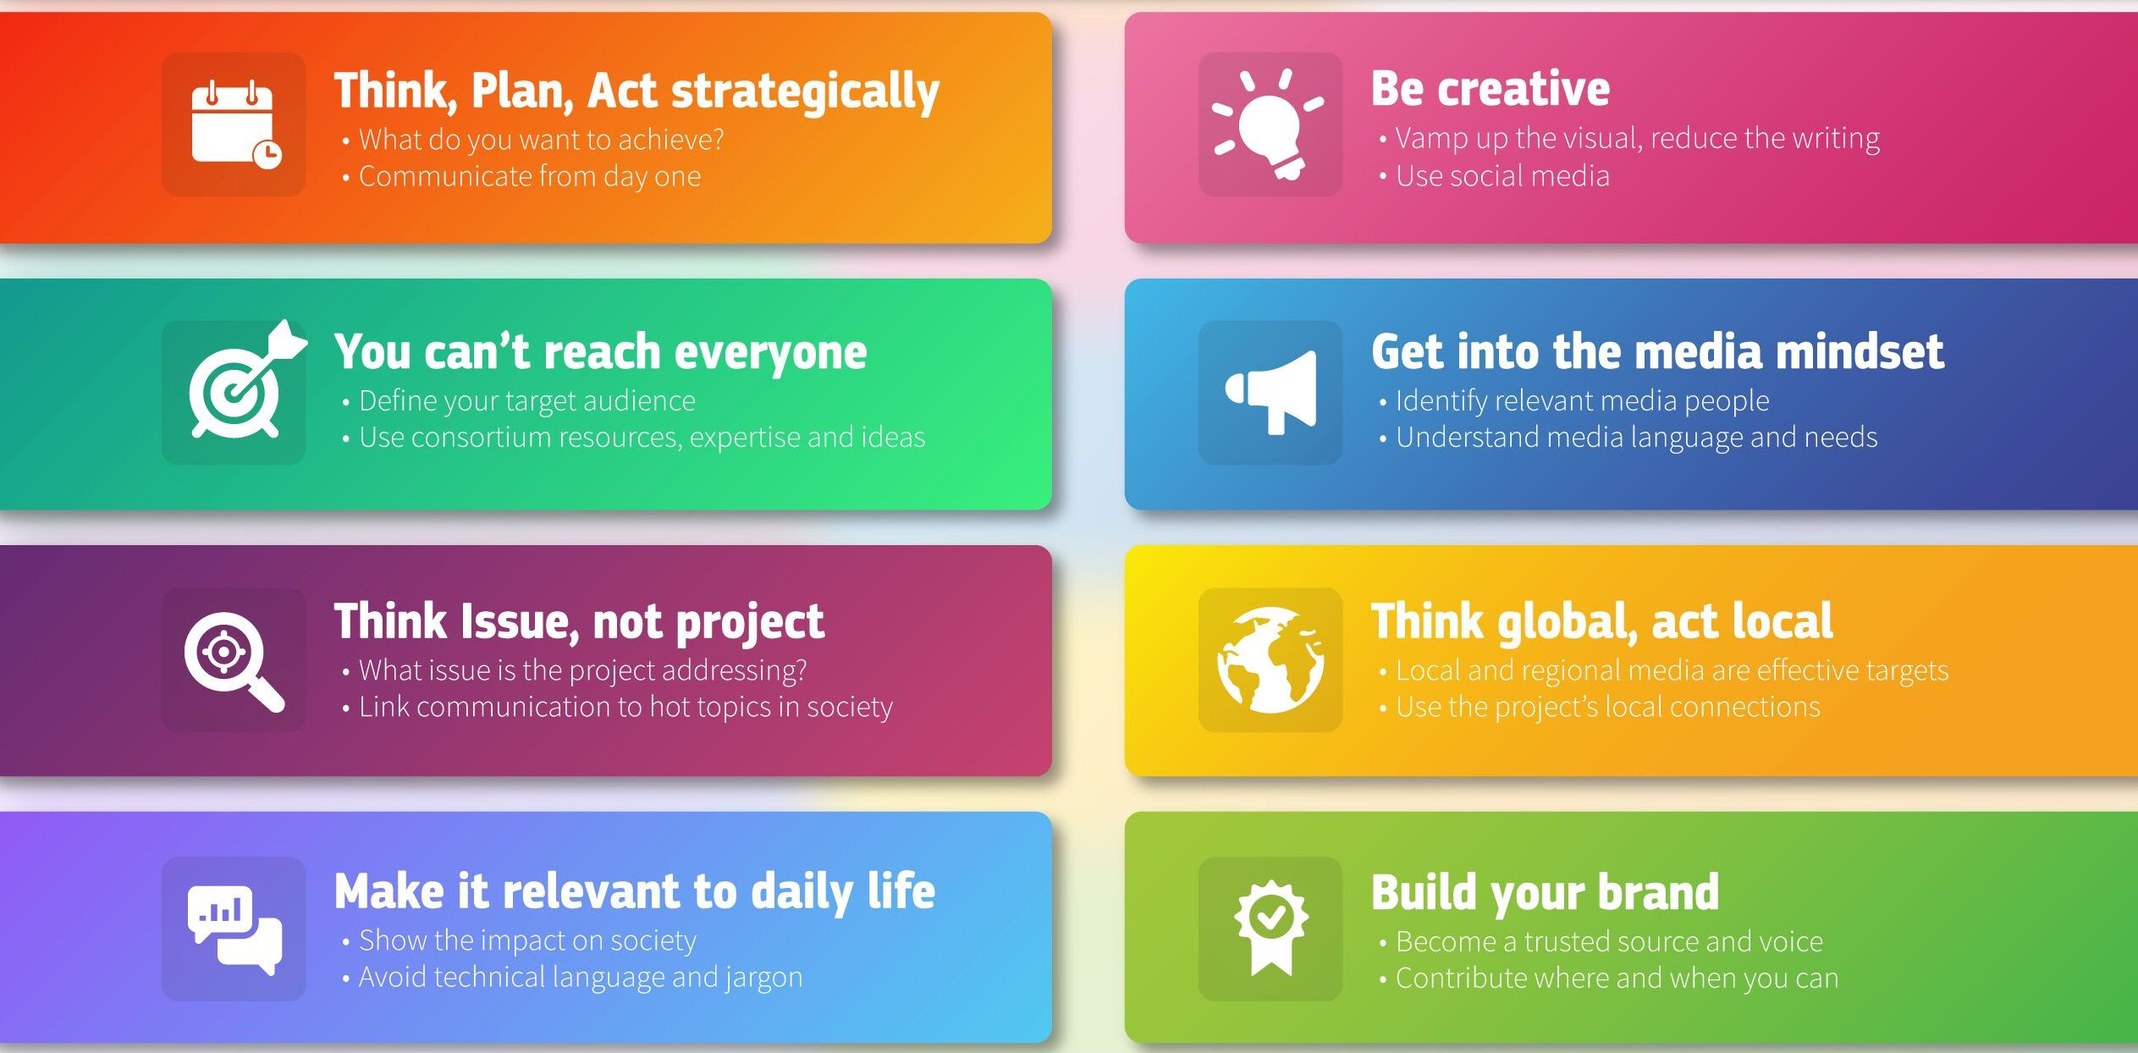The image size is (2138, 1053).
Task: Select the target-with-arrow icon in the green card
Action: point(246,379)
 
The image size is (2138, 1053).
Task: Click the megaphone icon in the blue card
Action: point(1271,392)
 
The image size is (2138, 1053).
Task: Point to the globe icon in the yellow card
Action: point(1270,659)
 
